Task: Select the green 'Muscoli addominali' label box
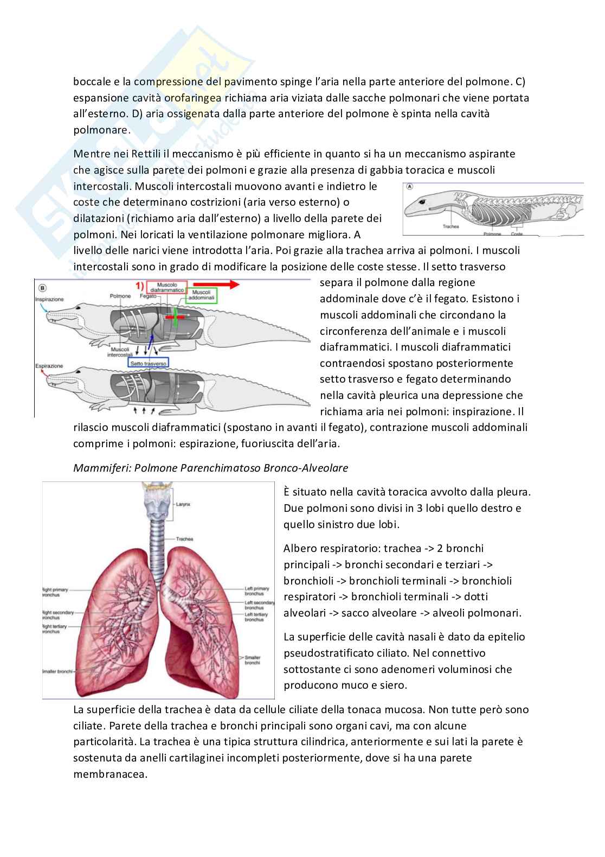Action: point(202,296)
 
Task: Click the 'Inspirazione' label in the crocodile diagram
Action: point(49,300)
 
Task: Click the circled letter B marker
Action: point(42,287)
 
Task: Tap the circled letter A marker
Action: point(410,186)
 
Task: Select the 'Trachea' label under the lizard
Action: point(450,226)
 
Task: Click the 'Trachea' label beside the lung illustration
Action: point(184,539)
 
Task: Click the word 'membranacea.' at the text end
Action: point(110,774)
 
